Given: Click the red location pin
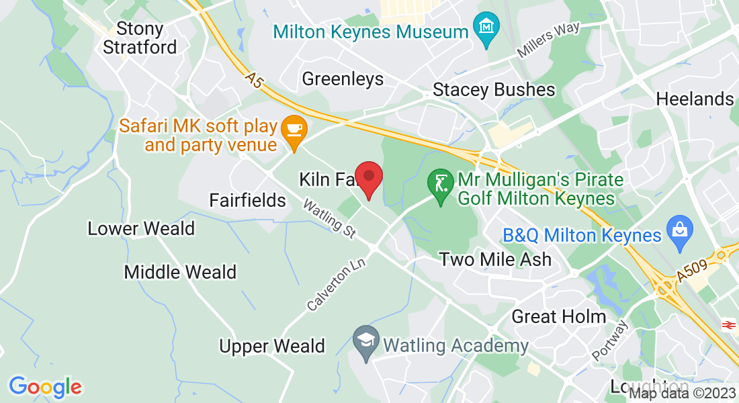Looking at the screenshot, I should [x=368, y=178].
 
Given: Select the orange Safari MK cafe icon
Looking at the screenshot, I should [x=294, y=128].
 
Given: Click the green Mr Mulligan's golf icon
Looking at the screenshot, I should [x=440, y=181].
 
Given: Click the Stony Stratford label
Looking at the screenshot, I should [x=140, y=38].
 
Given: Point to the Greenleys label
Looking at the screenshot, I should [x=343, y=79].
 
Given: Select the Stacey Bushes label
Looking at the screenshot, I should [x=494, y=89].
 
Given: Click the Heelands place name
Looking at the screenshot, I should [x=695, y=99].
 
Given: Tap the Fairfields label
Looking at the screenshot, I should [x=247, y=200].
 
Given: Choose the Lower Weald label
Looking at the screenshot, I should [x=141, y=228].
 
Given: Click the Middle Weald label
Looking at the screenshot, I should [x=180, y=272].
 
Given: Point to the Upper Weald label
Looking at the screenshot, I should [x=272, y=346].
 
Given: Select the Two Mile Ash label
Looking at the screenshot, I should [x=495, y=259].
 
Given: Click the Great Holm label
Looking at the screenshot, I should [x=559, y=316].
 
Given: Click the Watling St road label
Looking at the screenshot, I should [x=329, y=218].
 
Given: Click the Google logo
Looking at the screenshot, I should [x=45, y=387].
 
